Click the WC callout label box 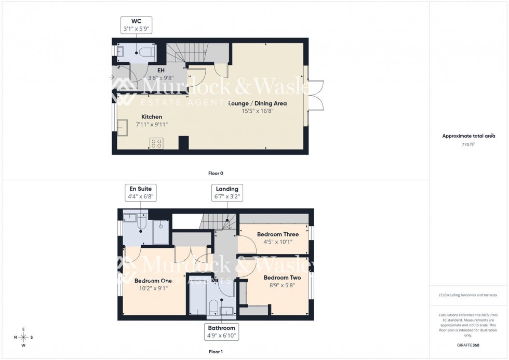point(137,24)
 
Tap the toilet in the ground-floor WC point(146,52)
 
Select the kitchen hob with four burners point(156,143)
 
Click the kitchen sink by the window point(123,127)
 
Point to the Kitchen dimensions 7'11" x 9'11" point(152,125)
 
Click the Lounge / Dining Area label point(258,103)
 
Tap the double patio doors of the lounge point(315,96)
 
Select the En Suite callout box point(140,192)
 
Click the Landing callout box point(227,192)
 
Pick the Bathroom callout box point(222,331)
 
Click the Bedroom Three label point(278,234)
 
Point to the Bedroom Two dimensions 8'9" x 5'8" point(282,285)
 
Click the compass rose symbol point(24,337)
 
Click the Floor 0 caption point(216,173)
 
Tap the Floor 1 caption point(216,352)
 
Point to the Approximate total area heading point(468,136)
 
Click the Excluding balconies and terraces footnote point(468,295)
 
